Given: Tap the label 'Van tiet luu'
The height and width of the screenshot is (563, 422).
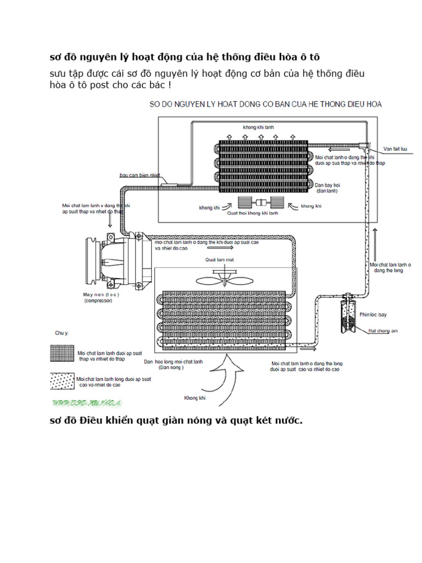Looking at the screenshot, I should click(395, 149).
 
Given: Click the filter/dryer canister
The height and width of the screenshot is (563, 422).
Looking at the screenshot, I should click(347, 311).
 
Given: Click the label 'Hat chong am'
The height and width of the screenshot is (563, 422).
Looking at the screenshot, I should click(379, 330).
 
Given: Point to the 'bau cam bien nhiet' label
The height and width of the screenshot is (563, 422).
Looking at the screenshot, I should click(140, 175).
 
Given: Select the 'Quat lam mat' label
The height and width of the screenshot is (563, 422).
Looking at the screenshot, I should click(220, 260).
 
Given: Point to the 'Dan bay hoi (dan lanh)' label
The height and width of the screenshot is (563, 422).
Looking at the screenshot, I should click(326, 188).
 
